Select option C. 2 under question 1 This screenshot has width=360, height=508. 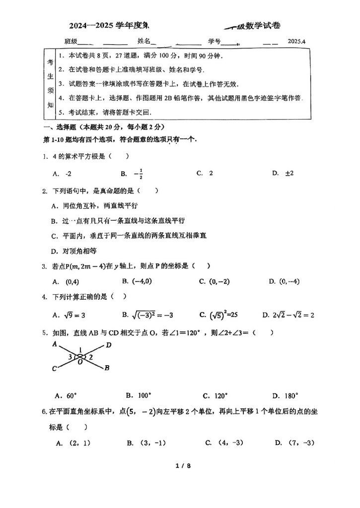[205, 173]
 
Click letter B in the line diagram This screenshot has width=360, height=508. [107, 368]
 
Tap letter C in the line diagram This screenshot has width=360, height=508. [54, 368]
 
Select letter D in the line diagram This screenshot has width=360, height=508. [109, 345]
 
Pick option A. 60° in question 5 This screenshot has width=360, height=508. [66, 395]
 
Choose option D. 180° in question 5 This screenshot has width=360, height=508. [285, 395]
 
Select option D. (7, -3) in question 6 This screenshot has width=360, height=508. [294, 443]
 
